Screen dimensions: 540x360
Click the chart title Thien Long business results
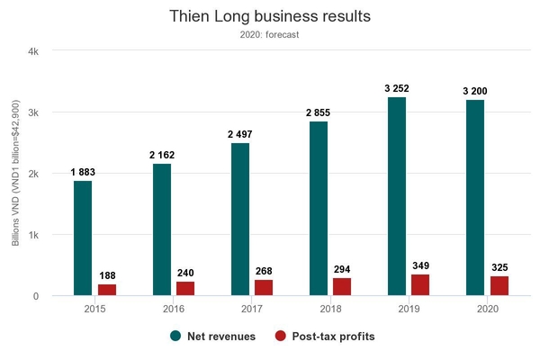(x=270, y=16)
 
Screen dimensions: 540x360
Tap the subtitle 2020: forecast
(x=269, y=35)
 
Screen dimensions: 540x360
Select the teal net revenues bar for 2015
(x=83, y=238)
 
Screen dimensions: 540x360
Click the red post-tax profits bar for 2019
(x=420, y=285)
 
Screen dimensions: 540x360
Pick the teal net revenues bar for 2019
(x=397, y=196)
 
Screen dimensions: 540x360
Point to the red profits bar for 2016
(x=185, y=288)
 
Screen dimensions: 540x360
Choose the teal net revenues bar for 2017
(x=240, y=219)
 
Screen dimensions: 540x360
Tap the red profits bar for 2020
(x=499, y=286)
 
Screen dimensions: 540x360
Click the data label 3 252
(x=397, y=88)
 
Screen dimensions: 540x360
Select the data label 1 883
(x=83, y=172)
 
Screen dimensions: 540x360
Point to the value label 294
(x=342, y=269)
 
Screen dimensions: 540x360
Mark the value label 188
(x=107, y=275)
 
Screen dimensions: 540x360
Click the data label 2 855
(x=318, y=112)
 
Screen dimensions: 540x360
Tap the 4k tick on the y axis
(x=33, y=51)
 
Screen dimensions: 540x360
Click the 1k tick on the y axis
(x=34, y=235)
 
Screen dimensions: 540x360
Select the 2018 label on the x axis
(x=330, y=309)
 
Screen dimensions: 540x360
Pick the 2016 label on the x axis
(x=174, y=309)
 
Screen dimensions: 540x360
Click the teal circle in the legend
(x=175, y=336)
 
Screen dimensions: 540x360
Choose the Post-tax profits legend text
(x=333, y=337)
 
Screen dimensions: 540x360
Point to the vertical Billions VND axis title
(x=15, y=173)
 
